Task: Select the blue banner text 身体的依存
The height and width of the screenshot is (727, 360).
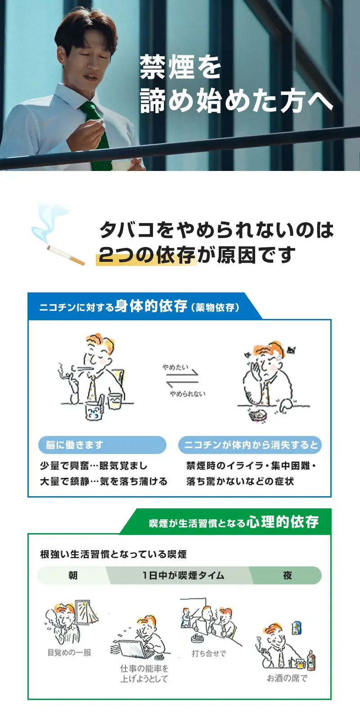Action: (x=151, y=306)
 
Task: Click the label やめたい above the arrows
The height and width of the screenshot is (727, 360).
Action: (x=175, y=367)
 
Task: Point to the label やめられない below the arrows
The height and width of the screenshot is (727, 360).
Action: (x=188, y=394)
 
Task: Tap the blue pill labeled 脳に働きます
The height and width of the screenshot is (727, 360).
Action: (x=102, y=444)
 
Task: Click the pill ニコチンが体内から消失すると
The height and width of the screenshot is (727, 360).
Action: (x=250, y=444)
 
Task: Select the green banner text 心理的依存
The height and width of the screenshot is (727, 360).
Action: (x=283, y=522)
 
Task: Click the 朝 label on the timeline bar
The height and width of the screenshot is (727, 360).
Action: (x=73, y=575)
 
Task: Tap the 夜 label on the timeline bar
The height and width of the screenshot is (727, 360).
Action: (x=288, y=575)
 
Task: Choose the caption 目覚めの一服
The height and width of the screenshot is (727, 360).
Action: (x=69, y=652)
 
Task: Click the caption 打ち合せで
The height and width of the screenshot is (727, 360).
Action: (x=209, y=653)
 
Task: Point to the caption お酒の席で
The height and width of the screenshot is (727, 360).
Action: (x=287, y=678)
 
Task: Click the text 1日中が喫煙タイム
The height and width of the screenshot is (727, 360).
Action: (x=184, y=575)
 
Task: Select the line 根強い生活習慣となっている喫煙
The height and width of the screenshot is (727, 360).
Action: (x=113, y=554)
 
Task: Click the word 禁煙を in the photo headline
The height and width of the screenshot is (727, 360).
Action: (x=180, y=67)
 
